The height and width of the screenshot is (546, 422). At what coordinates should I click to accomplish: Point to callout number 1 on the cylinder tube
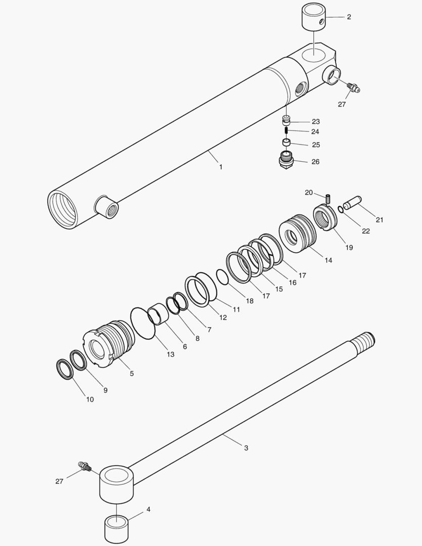pyautogui.click(x=220, y=166)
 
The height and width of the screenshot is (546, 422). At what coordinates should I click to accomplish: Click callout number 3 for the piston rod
pyautogui.click(x=246, y=448)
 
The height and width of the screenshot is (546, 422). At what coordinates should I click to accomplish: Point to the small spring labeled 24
pyautogui.click(x=286, y=132)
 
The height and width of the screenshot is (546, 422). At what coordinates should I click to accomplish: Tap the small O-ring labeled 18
pyautogui.click(x=222, y=276)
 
